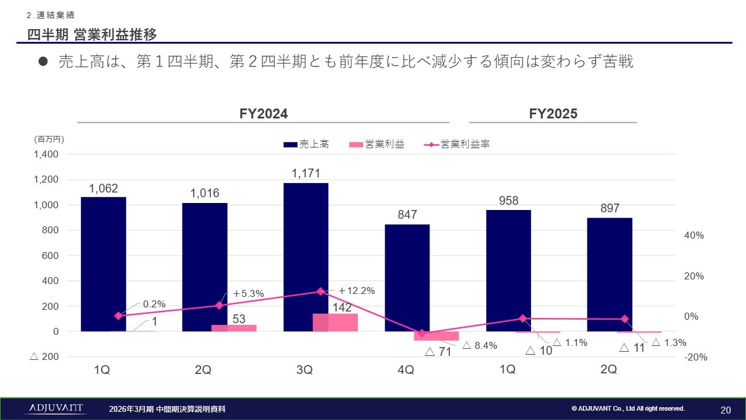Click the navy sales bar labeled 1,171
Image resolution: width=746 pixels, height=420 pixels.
click(305, 257)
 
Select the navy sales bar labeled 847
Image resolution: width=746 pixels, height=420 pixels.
click(407, 277)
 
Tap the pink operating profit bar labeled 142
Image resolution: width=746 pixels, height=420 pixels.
click(335, 323)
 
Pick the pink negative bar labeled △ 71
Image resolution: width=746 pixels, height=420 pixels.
click(437, 336)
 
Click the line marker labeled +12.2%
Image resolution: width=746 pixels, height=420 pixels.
click(320, 291)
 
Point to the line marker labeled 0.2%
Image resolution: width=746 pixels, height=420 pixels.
click(118, 316)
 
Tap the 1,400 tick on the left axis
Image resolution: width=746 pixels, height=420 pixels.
click(46, 155)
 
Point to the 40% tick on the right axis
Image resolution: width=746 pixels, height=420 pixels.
click(694, 235)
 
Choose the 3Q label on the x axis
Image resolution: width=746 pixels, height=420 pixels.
click(304, 370)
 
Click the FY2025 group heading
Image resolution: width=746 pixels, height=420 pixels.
click(553, 114)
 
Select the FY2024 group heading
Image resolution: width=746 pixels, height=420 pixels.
click(263, 114)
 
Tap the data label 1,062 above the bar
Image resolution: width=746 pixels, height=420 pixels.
click(103, 188)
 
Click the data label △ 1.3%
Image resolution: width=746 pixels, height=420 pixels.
click(668, 343)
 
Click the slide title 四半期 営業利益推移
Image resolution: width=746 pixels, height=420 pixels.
click(92, 35)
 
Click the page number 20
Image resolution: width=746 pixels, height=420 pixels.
click(726, 409)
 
